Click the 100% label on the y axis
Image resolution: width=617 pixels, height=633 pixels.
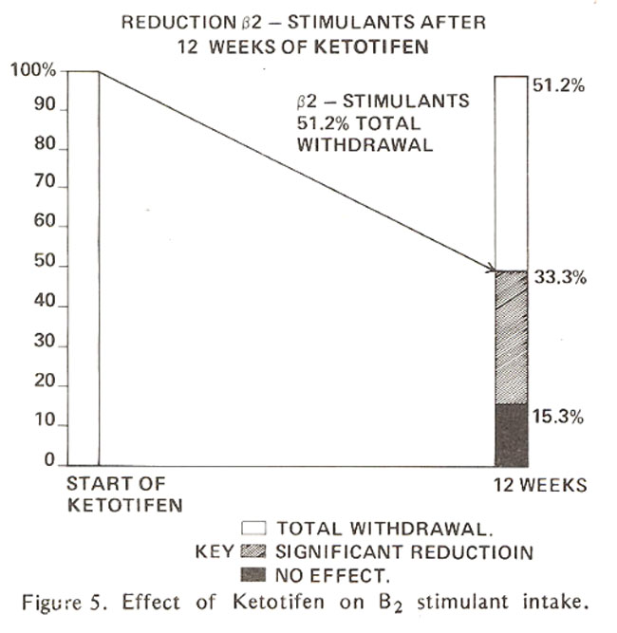click(33, 70)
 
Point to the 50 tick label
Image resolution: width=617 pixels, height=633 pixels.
click(45, 261)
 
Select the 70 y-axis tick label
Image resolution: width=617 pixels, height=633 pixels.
click(45, 181)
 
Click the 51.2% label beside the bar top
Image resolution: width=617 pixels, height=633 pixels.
click(558, 85)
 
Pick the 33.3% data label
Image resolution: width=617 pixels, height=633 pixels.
click(560, 277)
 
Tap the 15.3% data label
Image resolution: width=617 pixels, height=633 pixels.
click(558, 417)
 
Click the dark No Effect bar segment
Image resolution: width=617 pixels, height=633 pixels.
click(512, 436)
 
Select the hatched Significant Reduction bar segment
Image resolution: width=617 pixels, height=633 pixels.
click(512, 338)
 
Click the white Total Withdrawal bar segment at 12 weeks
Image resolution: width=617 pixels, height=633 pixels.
click(512, 174)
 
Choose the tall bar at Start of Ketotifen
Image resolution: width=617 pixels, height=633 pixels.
click(84, 269)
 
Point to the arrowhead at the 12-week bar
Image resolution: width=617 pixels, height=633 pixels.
click(494, 270)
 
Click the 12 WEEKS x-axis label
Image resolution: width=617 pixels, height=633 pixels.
click(540, 485)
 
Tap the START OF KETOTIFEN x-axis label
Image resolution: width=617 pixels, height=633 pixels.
click(124, 494)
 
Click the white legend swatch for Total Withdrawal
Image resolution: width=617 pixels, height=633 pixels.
click(253, 529)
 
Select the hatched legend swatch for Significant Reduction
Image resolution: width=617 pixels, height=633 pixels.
click(253, 551)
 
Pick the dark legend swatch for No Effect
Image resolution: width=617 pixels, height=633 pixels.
click(253, 574)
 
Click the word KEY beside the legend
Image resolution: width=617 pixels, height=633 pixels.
click(215, 551)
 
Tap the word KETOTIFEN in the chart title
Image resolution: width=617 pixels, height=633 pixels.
click(372, 47)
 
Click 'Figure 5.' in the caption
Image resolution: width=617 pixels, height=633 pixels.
click(65, 603)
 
